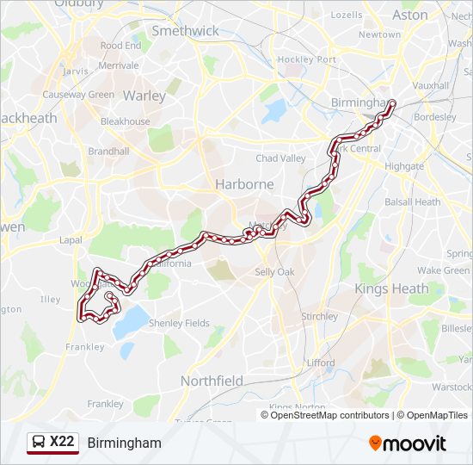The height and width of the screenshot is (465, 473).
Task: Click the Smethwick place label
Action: point(185,30)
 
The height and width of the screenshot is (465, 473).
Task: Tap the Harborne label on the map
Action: point(244,184)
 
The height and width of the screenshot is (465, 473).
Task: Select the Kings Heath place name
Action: point(391,288)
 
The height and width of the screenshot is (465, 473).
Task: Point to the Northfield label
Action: point(212,381)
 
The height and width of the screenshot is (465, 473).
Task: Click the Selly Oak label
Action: point(274,272)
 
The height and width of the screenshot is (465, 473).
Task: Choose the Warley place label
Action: point(144,96)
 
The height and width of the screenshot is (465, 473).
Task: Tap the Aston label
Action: point(409,15)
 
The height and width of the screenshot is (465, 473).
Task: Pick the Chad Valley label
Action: point(280,158)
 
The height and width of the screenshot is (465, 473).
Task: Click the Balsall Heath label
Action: point(413,202)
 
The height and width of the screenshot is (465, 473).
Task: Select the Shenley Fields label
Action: point(179,323)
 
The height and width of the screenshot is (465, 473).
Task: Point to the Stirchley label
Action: point(319,316)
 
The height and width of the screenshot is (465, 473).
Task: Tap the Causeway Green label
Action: point(78,95)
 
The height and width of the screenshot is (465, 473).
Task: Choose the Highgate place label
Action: point(404,166)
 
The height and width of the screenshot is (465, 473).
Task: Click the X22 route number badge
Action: point(62,443)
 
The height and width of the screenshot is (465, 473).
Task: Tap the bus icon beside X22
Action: point(39,443)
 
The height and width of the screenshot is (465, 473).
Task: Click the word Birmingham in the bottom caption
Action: point(124,443)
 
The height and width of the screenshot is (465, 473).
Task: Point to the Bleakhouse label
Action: point(125,121)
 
